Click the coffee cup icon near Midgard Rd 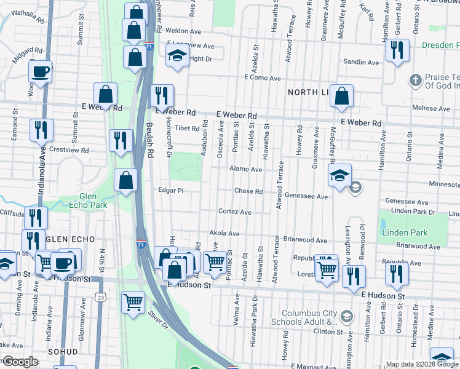coord(40,71)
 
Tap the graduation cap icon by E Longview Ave coord(177,55)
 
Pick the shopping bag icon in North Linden coord(341,96)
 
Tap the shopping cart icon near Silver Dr coord(133,302)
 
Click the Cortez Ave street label coord(234,212)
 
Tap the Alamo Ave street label coord(241,169)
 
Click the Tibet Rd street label coord(188,129)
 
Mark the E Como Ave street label coord(262,78)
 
